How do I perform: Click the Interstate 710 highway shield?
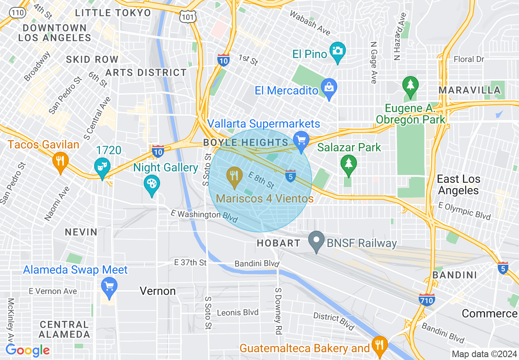point(426,299)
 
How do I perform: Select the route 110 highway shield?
point(17,13)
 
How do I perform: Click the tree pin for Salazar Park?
point(348,164)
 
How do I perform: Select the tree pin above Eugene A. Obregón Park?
point(410,86)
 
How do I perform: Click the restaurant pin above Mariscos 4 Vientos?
point(234,177)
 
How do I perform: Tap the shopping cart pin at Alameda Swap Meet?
point(109,286)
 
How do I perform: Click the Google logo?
point(28,350)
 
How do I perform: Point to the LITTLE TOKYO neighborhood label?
point(113,13)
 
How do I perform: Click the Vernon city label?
point(158,291)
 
